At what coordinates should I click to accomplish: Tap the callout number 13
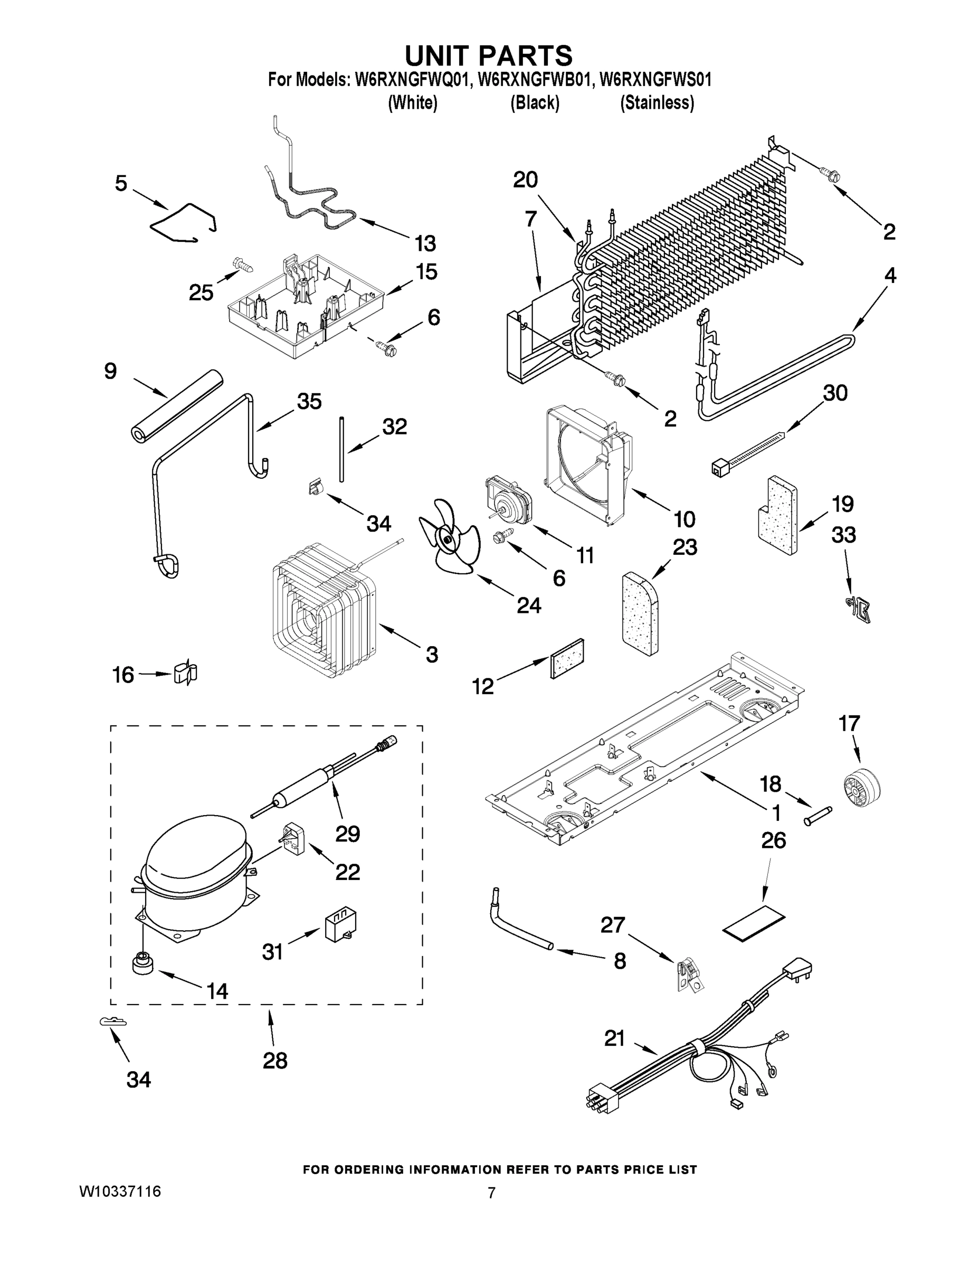[x=425, y=244]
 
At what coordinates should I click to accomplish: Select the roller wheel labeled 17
[x=860, y=786]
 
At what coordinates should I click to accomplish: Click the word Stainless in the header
[x=657, y=103]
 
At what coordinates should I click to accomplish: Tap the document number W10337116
[x=120, y=1192]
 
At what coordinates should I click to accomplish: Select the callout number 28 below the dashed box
[x=275, y=1061]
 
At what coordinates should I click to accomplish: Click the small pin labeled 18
[x=818, y=815]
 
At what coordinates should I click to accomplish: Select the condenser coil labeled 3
[x=324, y=609]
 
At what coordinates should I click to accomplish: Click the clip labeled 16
[x=186, y=674]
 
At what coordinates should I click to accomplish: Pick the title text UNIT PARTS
[x=488, y=55]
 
